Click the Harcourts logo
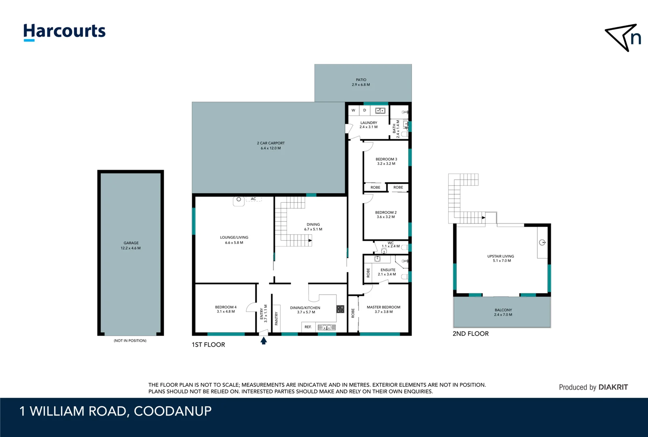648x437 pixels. click(x=64, y=32)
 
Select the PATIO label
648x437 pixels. click(x=361, y=80)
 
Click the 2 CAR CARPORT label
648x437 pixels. click(x=270, y=143)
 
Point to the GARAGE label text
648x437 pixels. click(x=131, y=243)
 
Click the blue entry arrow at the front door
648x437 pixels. click(x=264, y=341)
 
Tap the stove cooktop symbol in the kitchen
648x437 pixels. click(x=340, y=309)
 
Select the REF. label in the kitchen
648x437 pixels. click(x=308, y=327)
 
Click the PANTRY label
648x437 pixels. click(x=277, y=318)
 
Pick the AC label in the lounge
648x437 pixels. click(x=253, y=199)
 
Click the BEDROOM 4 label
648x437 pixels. click(x=226, y=307)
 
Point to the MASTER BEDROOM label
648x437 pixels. click(x=383, y=307)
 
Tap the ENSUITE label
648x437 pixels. click(x=388, y=270)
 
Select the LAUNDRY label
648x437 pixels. click(x=369, y=123)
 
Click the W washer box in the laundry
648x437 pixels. click(x=353, y=110)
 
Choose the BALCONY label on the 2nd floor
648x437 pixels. click(x=503, y=310)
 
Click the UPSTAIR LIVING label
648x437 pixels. click(x=500, y=256)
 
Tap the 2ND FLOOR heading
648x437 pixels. click(x=471, y=334)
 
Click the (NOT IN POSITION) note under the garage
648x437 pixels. click(x=130, y=341)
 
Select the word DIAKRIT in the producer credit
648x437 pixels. click(x=613, y=387)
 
